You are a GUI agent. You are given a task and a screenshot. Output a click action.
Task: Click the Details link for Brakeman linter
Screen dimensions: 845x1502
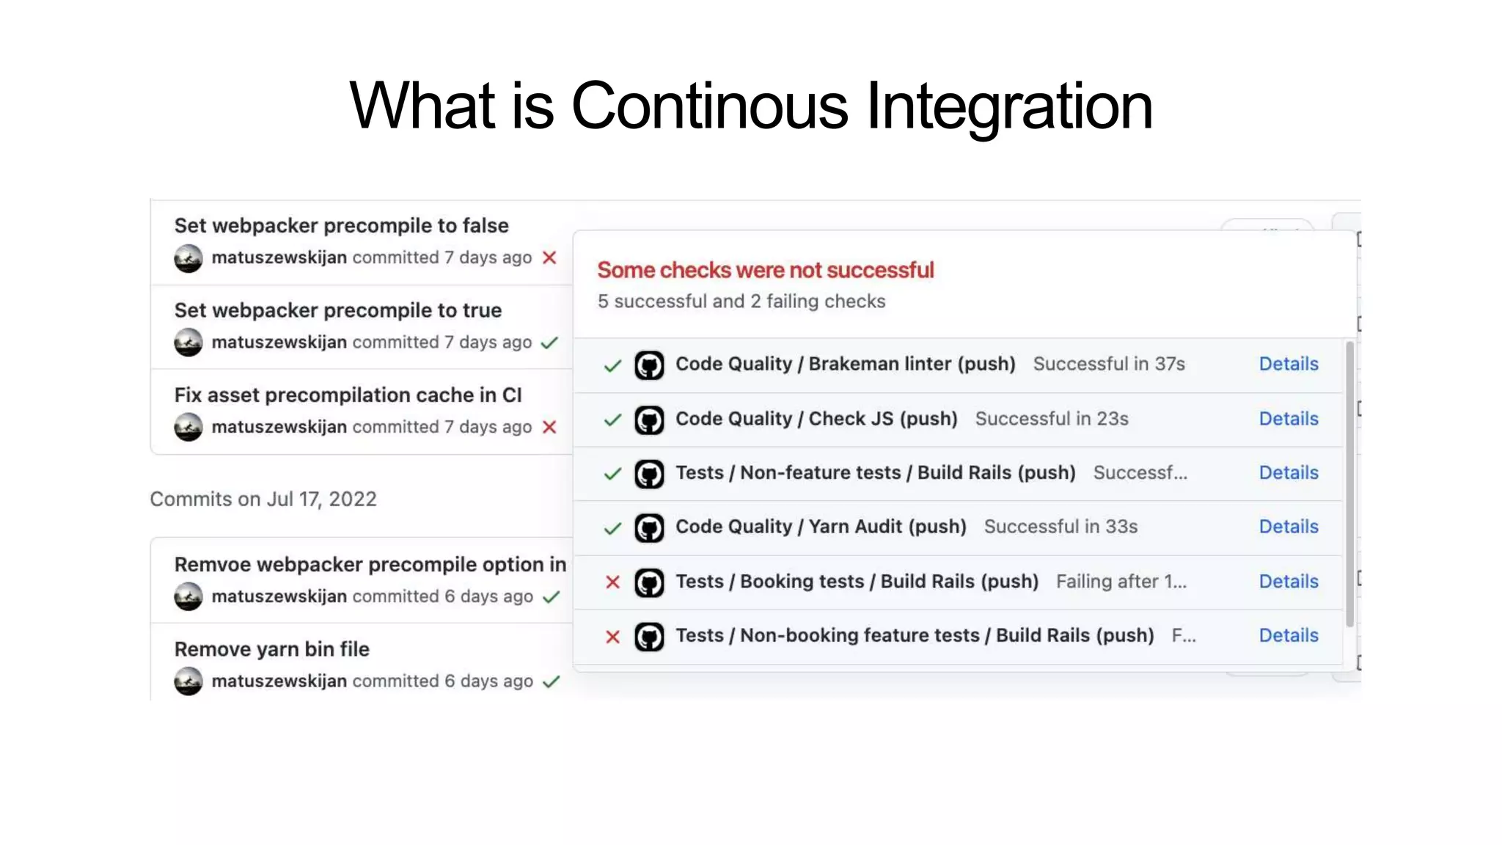1288,364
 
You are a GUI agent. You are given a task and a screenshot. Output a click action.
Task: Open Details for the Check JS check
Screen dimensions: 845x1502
1288,419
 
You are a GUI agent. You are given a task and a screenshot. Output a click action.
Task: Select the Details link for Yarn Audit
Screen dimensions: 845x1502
1288,527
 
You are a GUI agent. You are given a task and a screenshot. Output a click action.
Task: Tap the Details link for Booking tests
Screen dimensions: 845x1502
1288,582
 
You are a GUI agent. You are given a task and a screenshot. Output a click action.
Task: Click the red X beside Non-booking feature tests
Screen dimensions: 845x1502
612,637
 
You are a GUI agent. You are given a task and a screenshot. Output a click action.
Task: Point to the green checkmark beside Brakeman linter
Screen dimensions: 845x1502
612,365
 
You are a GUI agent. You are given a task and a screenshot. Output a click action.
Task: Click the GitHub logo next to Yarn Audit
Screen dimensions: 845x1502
649,528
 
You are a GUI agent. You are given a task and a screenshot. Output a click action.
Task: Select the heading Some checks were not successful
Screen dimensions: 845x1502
765,270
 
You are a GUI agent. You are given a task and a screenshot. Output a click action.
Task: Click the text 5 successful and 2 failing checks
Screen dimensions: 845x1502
741,301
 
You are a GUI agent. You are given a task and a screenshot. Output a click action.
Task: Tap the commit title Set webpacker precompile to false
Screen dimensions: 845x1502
341,226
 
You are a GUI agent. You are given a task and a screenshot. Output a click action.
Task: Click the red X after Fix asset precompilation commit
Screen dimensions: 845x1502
549,427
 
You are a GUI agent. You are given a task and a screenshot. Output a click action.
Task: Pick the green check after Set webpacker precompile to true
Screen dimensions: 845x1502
549,343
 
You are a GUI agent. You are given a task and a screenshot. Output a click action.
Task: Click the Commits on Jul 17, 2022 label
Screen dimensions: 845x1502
263,500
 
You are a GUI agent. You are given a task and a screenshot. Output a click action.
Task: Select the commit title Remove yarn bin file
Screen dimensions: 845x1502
271,649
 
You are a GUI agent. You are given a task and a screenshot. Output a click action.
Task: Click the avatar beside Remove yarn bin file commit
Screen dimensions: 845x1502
188,681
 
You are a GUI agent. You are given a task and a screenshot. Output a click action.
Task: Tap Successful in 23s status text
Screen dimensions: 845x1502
1051,419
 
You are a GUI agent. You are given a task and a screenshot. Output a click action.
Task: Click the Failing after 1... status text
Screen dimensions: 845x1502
1121,582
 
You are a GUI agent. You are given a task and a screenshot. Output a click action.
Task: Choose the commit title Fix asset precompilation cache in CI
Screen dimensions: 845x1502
348,395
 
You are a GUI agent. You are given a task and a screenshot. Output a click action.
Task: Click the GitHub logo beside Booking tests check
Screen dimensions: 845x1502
649,582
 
